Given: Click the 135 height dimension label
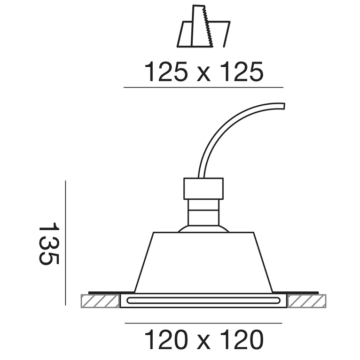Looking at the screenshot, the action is click(x=49, y=243).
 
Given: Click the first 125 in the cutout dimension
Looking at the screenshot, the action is click(x=166, y=71).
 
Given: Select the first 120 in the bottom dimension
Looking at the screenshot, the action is click(x=166, y=340).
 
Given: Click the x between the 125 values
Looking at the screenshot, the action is click(x=203, y=75).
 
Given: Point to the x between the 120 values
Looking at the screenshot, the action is click(x=203, y=343).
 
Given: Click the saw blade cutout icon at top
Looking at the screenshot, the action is click(x=203, y=26).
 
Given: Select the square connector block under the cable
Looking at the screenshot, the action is click(x=203, y=188).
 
